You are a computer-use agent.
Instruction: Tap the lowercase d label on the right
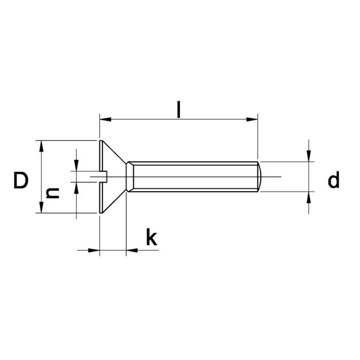click(x=334, y=181)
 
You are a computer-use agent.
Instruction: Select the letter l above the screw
click(x=178, y=110)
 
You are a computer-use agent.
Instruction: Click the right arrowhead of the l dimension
click(x=251, y=120)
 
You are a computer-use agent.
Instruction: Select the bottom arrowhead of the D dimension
click(x=41, y=207)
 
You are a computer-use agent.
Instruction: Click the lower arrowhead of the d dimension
click(x=309, y=197)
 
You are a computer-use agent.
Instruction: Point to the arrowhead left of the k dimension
click(x=93, y=250)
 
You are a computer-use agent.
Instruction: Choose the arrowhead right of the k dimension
click(x=132, y=250)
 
